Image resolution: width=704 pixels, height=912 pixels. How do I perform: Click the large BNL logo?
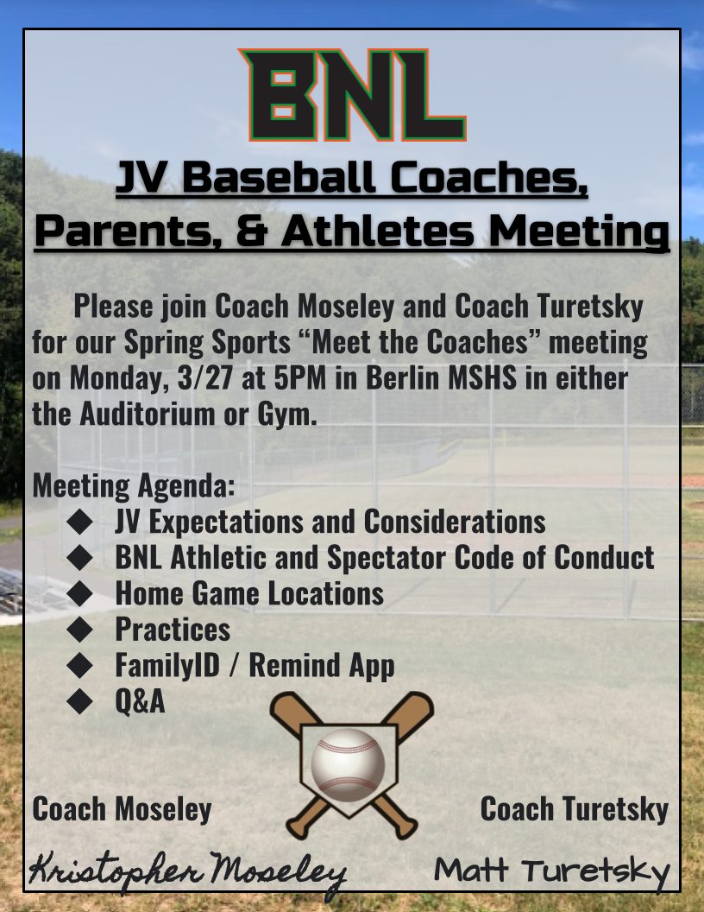point(353,95)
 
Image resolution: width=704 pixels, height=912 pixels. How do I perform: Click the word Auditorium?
point(148,414)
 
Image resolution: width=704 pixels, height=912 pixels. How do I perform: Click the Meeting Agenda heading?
point(134,486)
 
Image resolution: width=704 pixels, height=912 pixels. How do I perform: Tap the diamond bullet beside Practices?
point(79,629)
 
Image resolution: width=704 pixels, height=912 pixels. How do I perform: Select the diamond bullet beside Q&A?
point(79,701)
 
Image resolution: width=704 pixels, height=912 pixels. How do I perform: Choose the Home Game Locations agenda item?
point(249,593)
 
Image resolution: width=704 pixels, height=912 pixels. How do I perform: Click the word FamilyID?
point(167,665)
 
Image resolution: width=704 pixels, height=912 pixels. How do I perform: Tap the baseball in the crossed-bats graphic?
point(348,762)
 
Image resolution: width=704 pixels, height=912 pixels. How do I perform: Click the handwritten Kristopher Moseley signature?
point(187,873)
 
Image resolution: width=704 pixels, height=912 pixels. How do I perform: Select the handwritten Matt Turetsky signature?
point(551,872)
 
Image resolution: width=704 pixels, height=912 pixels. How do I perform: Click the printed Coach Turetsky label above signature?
point(574,809)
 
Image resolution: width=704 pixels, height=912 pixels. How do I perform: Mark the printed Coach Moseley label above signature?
point(122,809)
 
